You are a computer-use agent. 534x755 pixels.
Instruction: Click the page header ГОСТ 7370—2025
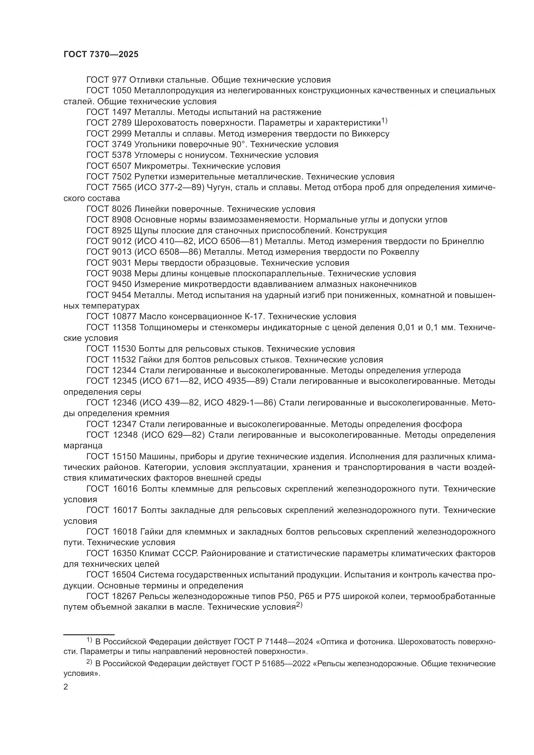pyautogui.click(x=101, y=55)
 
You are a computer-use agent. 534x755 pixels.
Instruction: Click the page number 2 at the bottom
pyautogui.click(x=66, y=687)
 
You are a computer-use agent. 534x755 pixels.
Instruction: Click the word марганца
pyautogui.click(x=83, y=446)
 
